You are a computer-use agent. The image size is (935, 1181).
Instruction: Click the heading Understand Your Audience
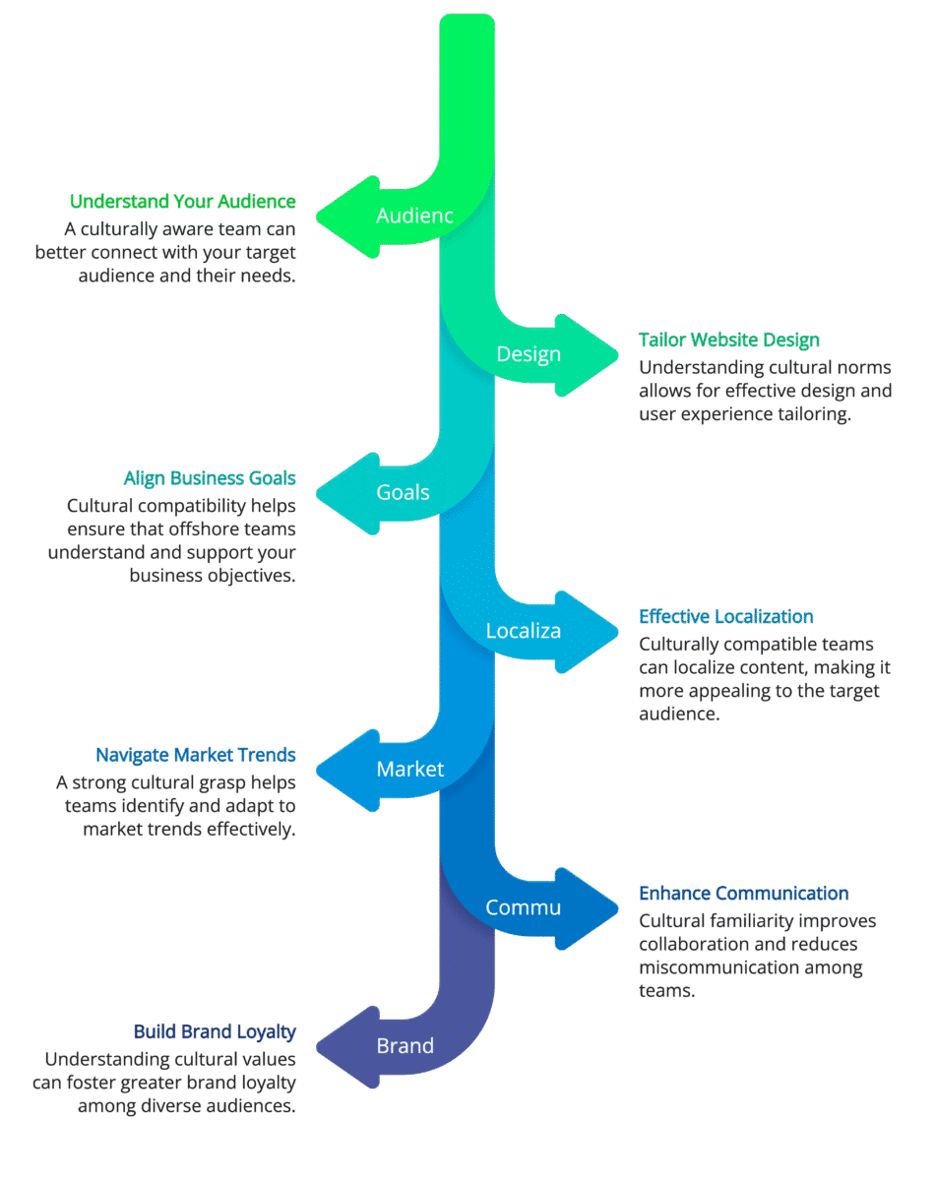(x=182, y=202)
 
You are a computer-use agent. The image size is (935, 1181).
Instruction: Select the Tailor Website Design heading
(x=729, y=341)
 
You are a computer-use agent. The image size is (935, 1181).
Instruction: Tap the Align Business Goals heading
(x=210, y=478)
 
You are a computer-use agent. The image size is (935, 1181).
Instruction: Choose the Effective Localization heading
(x=726, y=617)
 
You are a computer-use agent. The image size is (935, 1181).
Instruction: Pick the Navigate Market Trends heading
(x=195, y=755)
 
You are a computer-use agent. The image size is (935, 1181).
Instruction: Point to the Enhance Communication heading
(x=744, y=894)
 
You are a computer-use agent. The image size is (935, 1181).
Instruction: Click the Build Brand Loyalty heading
(x=215, y=1031)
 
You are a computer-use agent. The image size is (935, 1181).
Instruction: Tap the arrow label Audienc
(x=414, y=216)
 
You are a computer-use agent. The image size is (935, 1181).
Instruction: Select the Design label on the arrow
(x=529, y=354)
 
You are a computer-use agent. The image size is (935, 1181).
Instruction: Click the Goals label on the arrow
(x=403, y=492)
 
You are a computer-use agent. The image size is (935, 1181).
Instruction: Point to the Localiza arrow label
(x=524, y=631)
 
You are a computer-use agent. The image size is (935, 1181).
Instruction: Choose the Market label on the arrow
(x=410, y=769)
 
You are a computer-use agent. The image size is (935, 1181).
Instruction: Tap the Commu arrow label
(x=524, y=907)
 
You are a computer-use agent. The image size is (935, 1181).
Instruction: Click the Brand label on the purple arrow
(x=405, y=1045)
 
